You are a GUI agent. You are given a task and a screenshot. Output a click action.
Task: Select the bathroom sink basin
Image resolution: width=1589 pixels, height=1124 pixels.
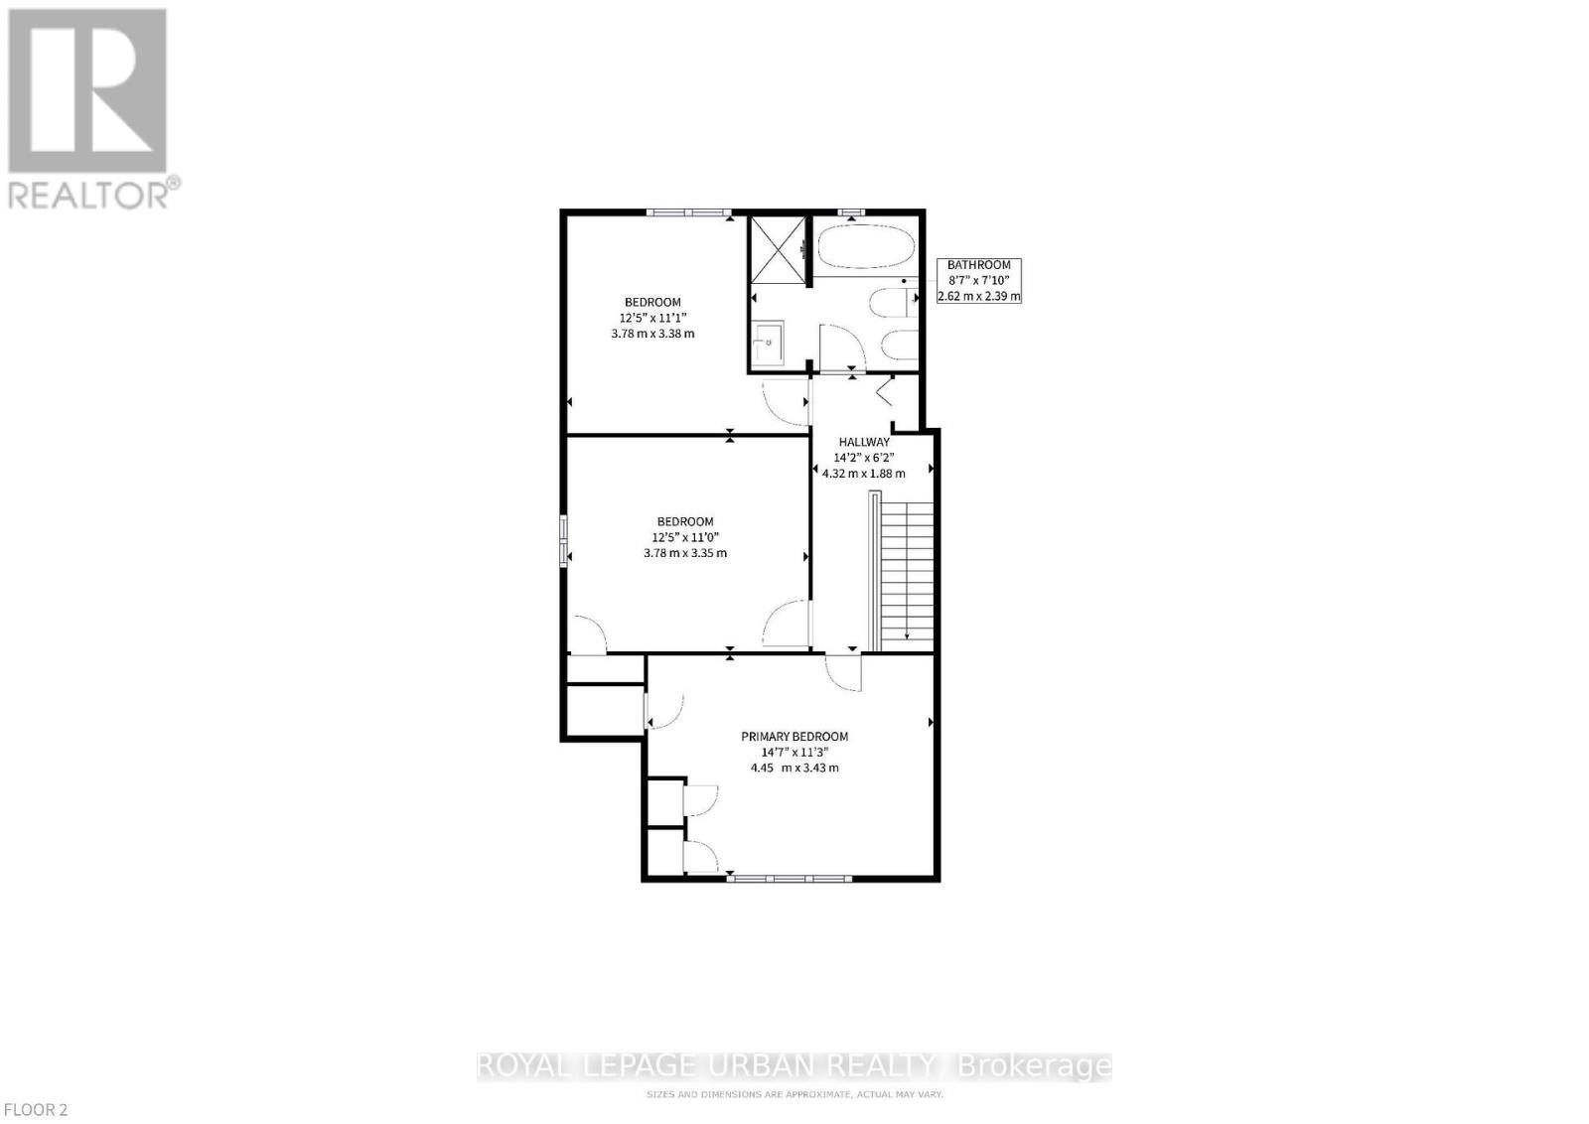pyautogui.click(x=768, y=344)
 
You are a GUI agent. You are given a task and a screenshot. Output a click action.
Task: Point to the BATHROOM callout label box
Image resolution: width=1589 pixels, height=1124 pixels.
pyautogui.click(x=979, y=280)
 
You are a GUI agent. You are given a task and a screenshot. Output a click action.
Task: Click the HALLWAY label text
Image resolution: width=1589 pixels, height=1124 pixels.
pyautogui.click(x=864, y=443)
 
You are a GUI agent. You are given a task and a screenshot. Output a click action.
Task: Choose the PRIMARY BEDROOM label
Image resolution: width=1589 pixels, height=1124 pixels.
pyautogui.click(x=794, y=737)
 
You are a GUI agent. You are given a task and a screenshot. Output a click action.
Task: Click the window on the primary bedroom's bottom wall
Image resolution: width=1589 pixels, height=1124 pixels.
pyautogui.click(x=789, y=878)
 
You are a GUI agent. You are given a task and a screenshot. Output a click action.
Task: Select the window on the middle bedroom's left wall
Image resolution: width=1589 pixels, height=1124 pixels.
pyautogui.click(x=564, y=540)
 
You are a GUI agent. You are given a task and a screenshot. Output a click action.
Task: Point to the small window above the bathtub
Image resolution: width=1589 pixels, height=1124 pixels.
pyautogui.click(x=850, y=211)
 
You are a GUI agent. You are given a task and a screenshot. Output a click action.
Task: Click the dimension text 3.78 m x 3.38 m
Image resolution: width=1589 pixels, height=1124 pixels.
pyautogui.click(x=652, y=334)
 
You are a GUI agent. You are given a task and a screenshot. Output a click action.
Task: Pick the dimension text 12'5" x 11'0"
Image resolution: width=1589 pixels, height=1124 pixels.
pyautogui.click(x=685, y=537)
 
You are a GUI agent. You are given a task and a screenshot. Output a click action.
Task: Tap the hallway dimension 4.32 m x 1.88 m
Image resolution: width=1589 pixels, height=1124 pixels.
pyautogui.click(x=864, y=474)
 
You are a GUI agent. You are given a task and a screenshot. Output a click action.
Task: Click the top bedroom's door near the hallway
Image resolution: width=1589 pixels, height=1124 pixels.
pyautogui.click(x=785, y=400)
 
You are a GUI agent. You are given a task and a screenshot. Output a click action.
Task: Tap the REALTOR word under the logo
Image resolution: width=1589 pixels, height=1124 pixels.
pyautogui.click(x=88, y=194)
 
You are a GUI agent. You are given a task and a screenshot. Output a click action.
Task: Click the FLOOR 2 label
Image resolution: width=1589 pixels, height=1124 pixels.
pyautogui.click(x=35, y=1110)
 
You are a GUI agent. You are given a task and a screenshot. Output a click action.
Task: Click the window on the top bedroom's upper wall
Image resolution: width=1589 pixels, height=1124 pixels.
pyautogui.click(x=688, y=211)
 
